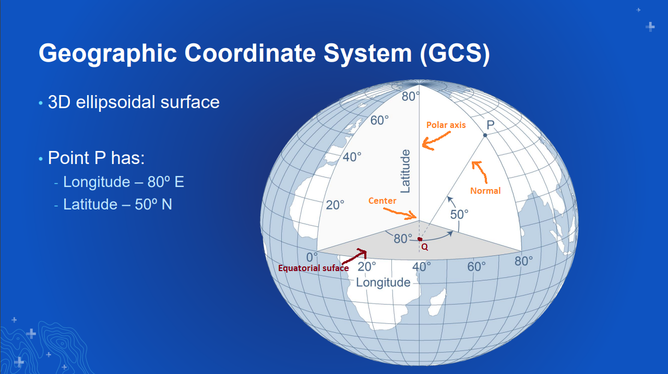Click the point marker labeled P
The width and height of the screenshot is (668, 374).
tap(485, 135)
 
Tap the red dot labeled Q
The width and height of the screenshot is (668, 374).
tap(420, 239)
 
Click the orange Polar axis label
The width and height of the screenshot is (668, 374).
tap(446, 125)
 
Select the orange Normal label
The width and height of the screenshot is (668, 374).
tap(485, 191)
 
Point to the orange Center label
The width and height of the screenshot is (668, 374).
tap(382, 201)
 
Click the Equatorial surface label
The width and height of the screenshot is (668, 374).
tap(313, 268)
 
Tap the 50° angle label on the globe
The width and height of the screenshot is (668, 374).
tap(459, 214)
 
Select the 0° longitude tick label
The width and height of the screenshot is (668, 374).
tap(312, 258)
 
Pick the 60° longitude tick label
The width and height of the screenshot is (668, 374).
tap(476, 266)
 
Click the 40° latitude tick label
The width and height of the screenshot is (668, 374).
tap(352, 157)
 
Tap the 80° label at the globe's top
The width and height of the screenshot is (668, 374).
tap(411, 97)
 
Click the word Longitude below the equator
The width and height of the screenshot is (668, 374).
tap(383, 283)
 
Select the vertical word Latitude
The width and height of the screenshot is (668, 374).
tap(406, 171)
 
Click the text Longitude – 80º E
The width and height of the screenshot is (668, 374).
tap(124, 182)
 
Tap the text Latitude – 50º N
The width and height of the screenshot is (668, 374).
tap(117, 204)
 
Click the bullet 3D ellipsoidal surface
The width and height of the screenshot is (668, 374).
tap(134, 102)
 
